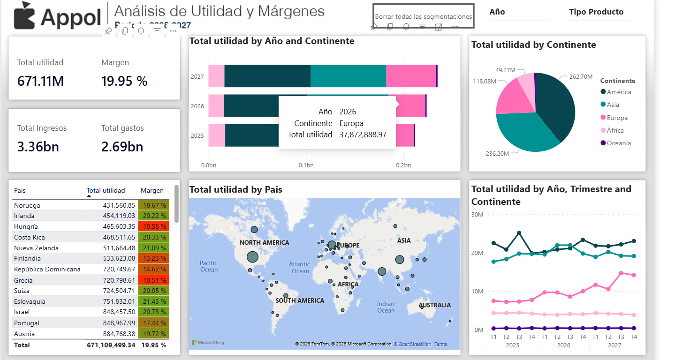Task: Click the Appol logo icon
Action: pos(24,15)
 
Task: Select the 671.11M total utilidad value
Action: pos(41,81)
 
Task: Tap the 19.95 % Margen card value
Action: pos(124,81)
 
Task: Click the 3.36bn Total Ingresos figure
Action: pos(38,147)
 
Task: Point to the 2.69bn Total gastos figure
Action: pos(122,147)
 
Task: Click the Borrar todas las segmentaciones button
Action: pos(423,16)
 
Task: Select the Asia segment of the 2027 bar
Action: pos(348,76)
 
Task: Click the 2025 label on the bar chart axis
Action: pos(197,136)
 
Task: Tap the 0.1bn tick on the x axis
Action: pos(306,165)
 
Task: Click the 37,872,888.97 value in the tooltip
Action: pos(363,135)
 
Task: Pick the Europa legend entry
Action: pos(617,118)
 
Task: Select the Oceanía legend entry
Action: pos(619,143)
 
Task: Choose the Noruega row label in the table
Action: pos(27,205)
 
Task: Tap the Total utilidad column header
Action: pos(106,190)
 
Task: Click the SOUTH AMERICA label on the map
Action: pos(300,300)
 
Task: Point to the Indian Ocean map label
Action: pos(386,307)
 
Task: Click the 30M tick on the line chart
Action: pos(477,215)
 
